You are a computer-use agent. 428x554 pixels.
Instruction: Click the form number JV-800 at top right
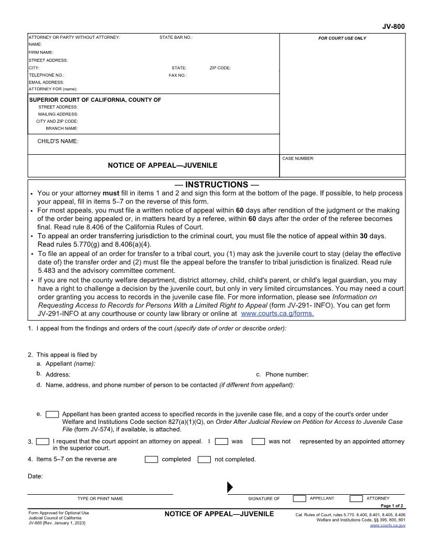(x=393, y=27)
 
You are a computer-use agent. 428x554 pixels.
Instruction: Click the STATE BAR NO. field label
(x=176, y=38)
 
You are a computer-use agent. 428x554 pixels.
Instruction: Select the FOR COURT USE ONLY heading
(x=342, y=38)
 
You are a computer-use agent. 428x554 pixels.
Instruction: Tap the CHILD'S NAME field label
(x=58, y=142)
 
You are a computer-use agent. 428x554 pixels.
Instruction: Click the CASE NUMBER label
(x=298, y=158)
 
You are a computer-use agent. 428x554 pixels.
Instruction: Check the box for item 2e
(x=52, y=414)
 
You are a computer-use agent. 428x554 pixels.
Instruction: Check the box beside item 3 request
(x=43, y=441)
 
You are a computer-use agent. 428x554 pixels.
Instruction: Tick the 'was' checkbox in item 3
(x=221, y=441)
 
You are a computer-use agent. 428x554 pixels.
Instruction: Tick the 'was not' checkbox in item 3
(x=258, y=441)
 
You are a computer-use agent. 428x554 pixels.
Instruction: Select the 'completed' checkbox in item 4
(x=151, y=460)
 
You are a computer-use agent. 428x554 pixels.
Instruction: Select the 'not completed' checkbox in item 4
(x=204, y=460)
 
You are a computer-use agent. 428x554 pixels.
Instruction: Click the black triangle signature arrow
(x=230, y=487)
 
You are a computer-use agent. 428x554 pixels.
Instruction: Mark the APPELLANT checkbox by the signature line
(x=299, y=498)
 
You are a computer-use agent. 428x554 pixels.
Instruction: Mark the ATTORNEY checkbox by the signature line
(x=356, y=498)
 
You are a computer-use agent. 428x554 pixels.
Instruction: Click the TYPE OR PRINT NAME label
(x=100, y=498)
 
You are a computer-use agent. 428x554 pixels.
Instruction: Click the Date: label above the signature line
(x=35, y=476)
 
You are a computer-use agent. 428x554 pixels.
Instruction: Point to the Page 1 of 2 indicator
(x=392, y=506)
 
